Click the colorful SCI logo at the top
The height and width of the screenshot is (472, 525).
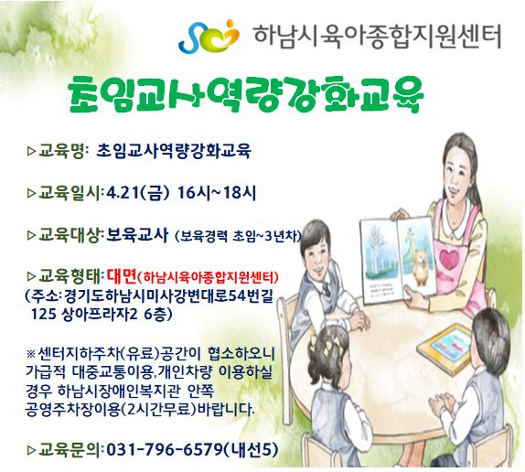pos(209,37)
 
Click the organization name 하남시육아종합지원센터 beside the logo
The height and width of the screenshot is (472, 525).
pos(378,37)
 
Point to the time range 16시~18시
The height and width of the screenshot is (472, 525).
pos(217,193)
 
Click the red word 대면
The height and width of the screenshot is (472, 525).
pos(122,276)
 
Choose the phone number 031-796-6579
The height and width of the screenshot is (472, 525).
pos(165,449)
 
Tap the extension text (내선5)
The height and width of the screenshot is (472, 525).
pos(252,449)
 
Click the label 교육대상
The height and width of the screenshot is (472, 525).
pos(70,235)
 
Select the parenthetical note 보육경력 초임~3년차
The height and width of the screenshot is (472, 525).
pos(238,236)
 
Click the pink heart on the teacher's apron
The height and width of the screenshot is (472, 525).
pos(449,259)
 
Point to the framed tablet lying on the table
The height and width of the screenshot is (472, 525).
pos(446,349)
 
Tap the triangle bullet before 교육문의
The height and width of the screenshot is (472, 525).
pos(31,450)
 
